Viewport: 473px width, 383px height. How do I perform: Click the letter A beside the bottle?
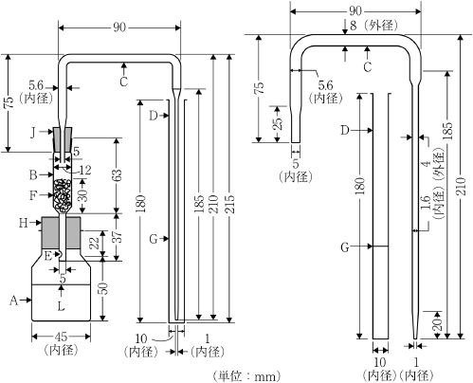point(13,301)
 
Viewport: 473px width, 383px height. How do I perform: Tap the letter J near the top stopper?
point(33,133)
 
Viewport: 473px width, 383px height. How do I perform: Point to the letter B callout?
point(33,174)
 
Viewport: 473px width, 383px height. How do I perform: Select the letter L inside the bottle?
point(62,306)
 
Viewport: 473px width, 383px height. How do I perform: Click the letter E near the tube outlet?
point(47,256)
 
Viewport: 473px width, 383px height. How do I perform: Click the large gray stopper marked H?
point(62,232)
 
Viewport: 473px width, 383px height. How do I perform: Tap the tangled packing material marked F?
point(62,195)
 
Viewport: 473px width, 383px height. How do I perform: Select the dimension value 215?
point(231,204)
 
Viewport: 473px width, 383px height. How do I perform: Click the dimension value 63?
point(117,176)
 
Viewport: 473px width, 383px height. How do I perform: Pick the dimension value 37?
point(118,237)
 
